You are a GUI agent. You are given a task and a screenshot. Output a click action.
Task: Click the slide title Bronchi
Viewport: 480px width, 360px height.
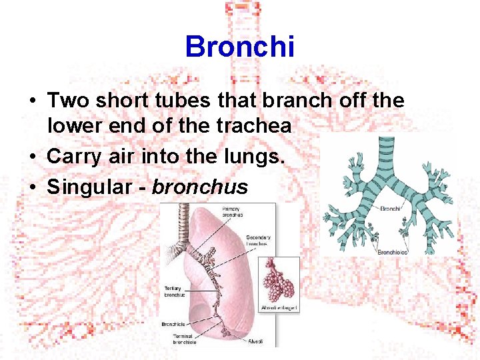239,47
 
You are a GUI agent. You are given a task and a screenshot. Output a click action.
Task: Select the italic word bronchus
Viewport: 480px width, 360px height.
200,187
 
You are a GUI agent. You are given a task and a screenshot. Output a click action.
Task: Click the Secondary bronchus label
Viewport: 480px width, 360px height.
257,241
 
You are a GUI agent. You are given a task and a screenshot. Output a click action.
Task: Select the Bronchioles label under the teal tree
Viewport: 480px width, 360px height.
393,253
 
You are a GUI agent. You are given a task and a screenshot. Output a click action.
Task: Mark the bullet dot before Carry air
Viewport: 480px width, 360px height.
32,158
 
